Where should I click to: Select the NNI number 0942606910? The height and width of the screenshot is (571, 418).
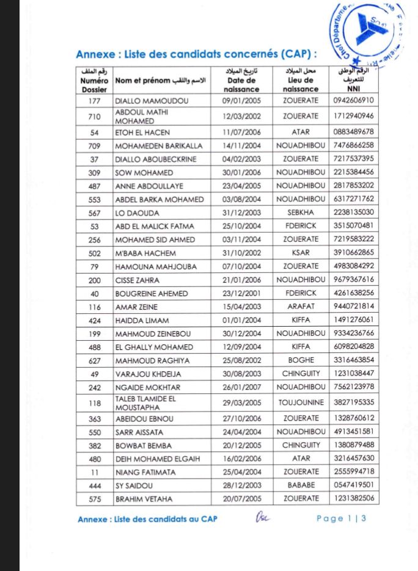coord(354,100)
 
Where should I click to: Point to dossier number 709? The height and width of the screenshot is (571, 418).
coord(94,146)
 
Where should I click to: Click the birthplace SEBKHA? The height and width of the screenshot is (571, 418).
coord(301,213)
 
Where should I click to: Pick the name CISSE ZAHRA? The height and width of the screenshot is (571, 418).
coord(137,280)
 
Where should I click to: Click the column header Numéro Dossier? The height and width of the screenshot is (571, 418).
coord(94,80)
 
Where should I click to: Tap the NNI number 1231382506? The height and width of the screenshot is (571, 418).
coord(354,499)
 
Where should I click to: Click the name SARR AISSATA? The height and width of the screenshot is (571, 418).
coord(139,432)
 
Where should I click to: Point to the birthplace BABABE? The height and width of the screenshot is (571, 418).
coord(301,486)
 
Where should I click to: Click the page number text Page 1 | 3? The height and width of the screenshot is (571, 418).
coord(341,519)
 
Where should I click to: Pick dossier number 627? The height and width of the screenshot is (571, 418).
coord(94,360)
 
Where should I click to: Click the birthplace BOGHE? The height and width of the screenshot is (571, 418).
coord(301,360)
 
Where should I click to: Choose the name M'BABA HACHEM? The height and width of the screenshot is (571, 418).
coord(145,253)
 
